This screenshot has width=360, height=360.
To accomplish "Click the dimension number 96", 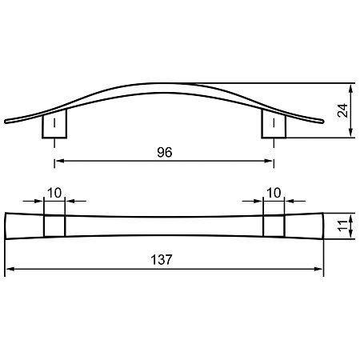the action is click(165, 153).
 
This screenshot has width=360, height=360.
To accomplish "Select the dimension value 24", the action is click(343, 110).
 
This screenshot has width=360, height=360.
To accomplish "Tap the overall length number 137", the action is click(162, 260).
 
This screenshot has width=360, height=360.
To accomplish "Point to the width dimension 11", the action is click(343, 226).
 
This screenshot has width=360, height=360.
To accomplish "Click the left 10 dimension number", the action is click(54, 193).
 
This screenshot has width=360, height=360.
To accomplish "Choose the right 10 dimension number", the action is click(274, 193).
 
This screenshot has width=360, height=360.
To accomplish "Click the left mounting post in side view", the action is click(54, 124).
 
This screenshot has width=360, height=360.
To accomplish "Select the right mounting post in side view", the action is click(274, 124).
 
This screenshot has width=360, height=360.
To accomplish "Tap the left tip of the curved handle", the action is click(5, 122).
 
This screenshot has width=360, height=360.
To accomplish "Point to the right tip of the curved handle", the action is click(323, 122).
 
